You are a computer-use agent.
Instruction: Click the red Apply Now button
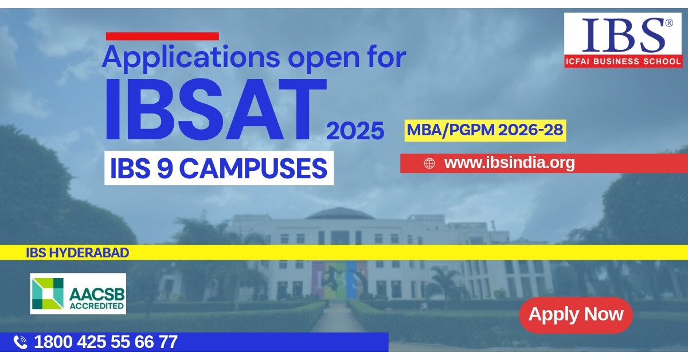[576, 315]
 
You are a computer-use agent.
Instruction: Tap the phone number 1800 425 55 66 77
[105, 342]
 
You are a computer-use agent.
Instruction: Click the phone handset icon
[21, 342]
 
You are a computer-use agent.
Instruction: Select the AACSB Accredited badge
[78, 294]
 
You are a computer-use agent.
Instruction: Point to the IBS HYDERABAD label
[77, 253]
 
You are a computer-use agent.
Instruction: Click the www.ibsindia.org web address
[509, 163]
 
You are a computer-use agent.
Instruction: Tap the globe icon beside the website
[429, 163]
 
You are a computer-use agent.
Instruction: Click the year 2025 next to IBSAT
[355, 131]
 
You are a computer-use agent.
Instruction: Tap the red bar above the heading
[162, 36]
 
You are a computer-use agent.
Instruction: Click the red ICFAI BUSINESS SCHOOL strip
[623, 61]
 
